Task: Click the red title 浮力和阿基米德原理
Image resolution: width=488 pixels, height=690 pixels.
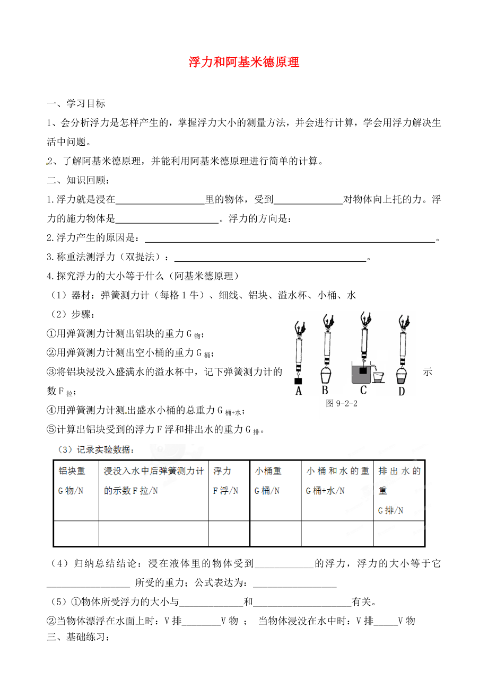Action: click(244, 63)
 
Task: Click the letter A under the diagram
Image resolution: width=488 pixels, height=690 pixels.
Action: click(299, 391)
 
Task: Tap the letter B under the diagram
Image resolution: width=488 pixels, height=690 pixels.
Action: click(325, 391)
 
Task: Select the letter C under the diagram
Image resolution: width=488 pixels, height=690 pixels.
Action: click(363, 391)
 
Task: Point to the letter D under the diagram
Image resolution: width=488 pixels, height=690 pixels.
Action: click(402, 392)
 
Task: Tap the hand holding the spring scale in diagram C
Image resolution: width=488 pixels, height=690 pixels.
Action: click(364, 318)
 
